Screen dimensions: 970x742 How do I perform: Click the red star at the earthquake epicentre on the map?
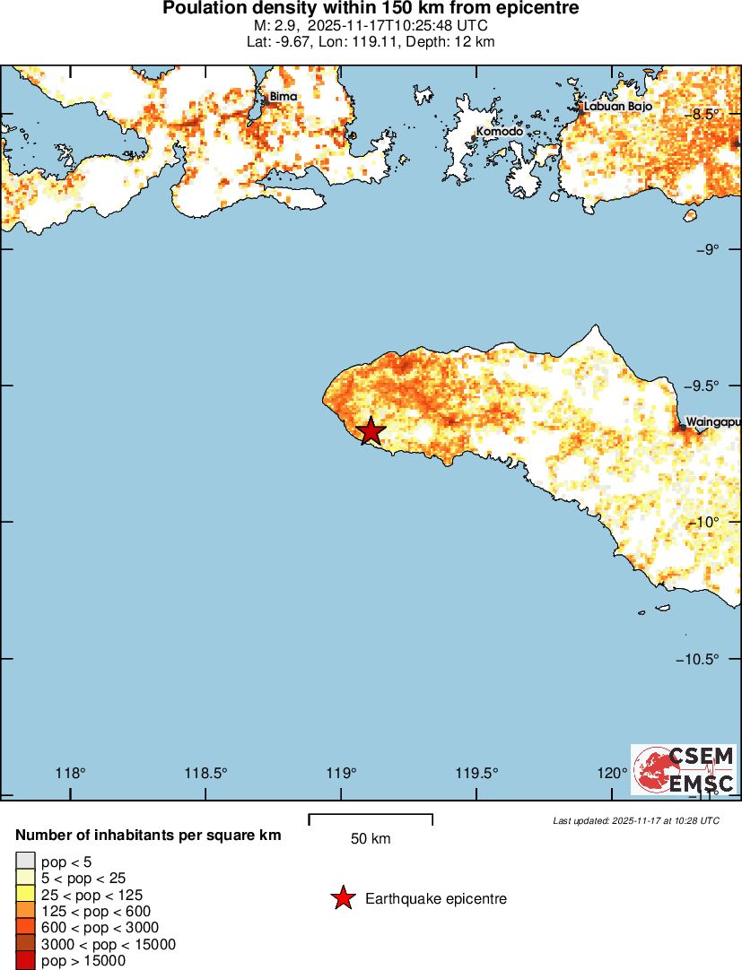370,431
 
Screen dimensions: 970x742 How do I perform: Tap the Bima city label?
283,96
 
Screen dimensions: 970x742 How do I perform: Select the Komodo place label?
499,131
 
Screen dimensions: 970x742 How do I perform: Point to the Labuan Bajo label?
617,106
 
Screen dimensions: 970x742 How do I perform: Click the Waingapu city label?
713,421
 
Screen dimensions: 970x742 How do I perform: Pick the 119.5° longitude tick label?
476,774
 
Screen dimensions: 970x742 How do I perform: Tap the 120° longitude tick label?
613,774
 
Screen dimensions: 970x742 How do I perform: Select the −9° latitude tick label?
709,249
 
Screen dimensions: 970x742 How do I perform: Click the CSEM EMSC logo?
684,769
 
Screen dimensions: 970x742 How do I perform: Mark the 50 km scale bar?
371,818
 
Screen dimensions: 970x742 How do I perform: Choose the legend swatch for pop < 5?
26,862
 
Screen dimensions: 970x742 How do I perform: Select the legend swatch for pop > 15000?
26,960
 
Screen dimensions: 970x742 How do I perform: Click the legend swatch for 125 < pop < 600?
26,911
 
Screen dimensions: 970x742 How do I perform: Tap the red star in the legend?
342,898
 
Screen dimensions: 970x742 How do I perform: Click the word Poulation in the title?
202,9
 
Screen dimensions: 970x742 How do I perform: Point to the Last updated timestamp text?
636,820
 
